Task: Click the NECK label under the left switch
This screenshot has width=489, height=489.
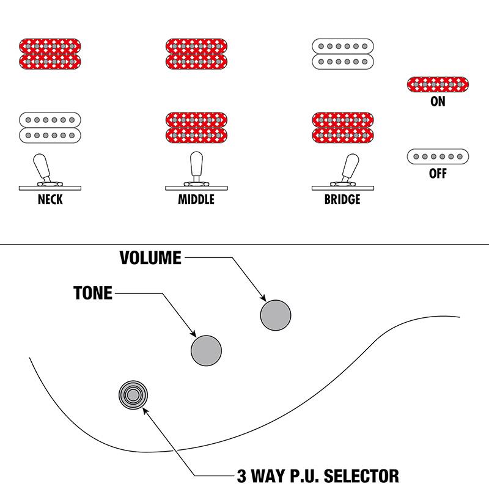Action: pyautogui.click(x=50, y=200)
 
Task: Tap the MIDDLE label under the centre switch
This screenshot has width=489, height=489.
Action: pyautogui.click(x=196, y=200)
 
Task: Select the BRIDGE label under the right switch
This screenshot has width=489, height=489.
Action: pyautogui.click(x=342, y=200)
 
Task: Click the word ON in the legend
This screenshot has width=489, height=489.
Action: pyautogui.click(x=438, y=102)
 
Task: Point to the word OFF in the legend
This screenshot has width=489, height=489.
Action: pyautogui.click(x=438, y=174)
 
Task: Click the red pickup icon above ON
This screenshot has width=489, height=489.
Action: pyautogui.click(x=438, y=84)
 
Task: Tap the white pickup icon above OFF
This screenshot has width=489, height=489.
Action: pyautogui.click(x=438, y=156)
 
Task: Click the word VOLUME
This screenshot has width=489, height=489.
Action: pyautogui.click(x=150, y=258)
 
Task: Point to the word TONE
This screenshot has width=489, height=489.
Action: pyautogui.click(x=93, y=293)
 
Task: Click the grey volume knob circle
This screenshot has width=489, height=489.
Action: pyautogui.click(x=275, y=315)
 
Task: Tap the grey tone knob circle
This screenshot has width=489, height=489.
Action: pyautogui.click(x=206, y=350)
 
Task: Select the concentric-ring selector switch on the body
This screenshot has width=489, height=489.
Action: pyautogui.click(x=134, y=394)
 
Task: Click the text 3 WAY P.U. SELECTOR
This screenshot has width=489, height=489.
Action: pyautogui.click(x=317, y=476)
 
